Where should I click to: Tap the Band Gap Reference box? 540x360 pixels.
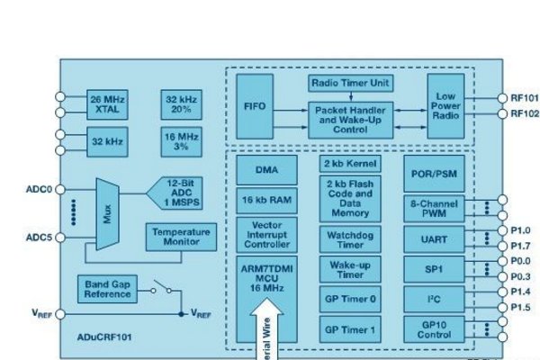(x=108, y=288)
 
